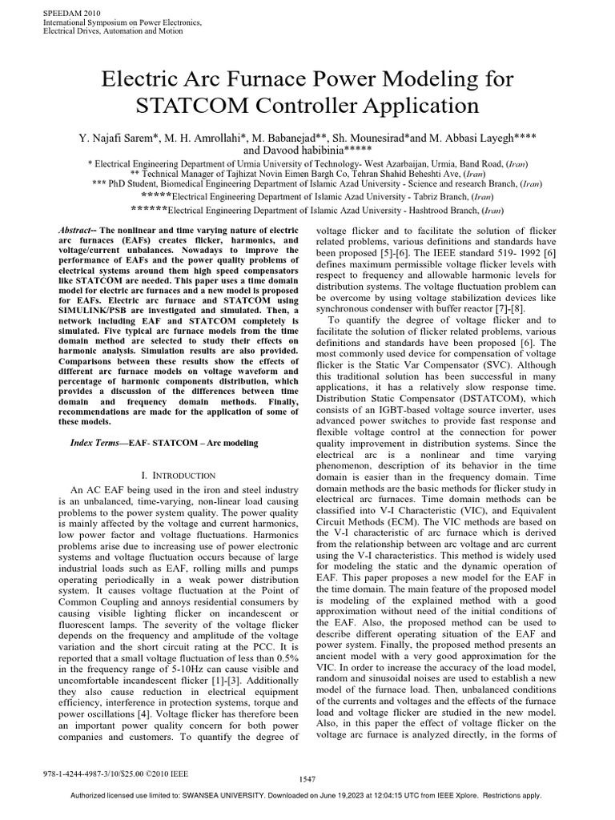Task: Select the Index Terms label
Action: pos(90,443)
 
